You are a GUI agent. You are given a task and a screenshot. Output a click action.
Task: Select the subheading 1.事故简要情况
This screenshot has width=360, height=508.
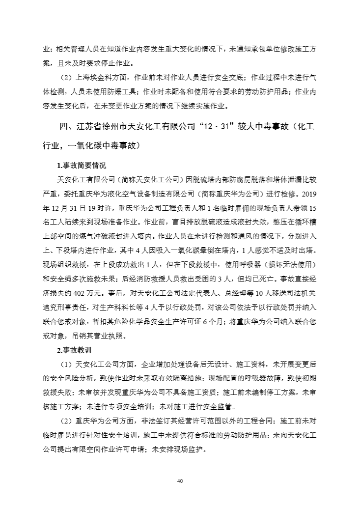82,165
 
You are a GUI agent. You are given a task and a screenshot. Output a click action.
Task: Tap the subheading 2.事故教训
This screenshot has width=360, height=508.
74,350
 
